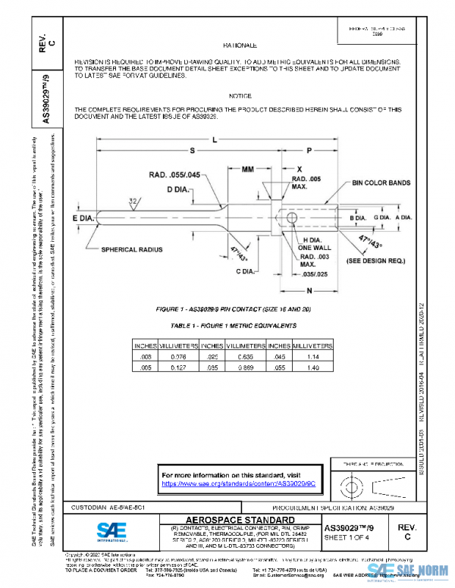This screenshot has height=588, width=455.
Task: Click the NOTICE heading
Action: pyautogui.click(x=240, y=95)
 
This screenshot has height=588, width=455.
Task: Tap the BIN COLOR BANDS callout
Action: pyautogui.click(x=381, y=183)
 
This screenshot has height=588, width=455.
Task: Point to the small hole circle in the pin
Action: pyautogui.click(x=293, y=218)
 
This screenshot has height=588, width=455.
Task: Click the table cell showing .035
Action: pyautogui.click(x=213, y=367)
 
